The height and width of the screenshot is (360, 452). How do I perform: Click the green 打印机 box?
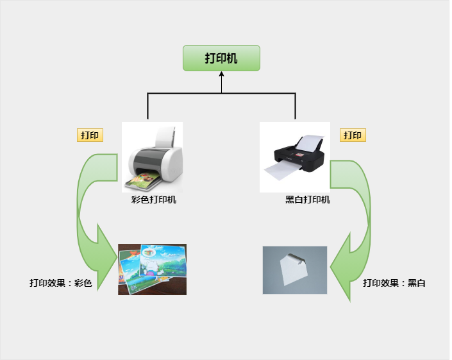pyautogui.click(x=221, y=58)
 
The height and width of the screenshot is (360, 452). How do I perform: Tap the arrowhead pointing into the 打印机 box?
pyautogui.click(x=221, y=74)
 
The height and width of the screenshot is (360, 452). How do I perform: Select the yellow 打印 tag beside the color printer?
pyautogui.click(x=90, y=135)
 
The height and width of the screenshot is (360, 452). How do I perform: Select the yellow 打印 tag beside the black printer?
pyautogui.click(x=353, y=135)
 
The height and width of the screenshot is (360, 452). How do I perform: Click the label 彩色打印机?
pyautogui.click(x=154, y=200)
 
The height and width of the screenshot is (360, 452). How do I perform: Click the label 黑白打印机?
pyautogui.click(x=308, y=200)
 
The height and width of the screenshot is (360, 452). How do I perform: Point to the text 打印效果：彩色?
pyautogui.click(x=61, y=283)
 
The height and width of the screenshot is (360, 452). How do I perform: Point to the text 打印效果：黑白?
pyautogui.click(x=394, y=283)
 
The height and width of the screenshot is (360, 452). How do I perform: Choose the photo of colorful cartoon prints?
pyautogui.click(x=152, y=270)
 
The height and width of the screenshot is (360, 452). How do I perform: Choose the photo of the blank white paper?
pyautogui.click(x=295, y=270)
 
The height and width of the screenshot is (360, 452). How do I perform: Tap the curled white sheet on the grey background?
pyautogui.click(x=294, y=270)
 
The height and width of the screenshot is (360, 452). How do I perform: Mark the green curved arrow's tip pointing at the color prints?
pyautogui.click(x=117, y=257)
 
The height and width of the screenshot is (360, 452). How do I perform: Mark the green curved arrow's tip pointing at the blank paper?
pyautogui.click(x=331, y=268)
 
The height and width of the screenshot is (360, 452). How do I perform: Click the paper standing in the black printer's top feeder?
pyautogui.click(x=308, y=143)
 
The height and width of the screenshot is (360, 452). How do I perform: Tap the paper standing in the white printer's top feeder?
pyautogui.click(x=165, y=137)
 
